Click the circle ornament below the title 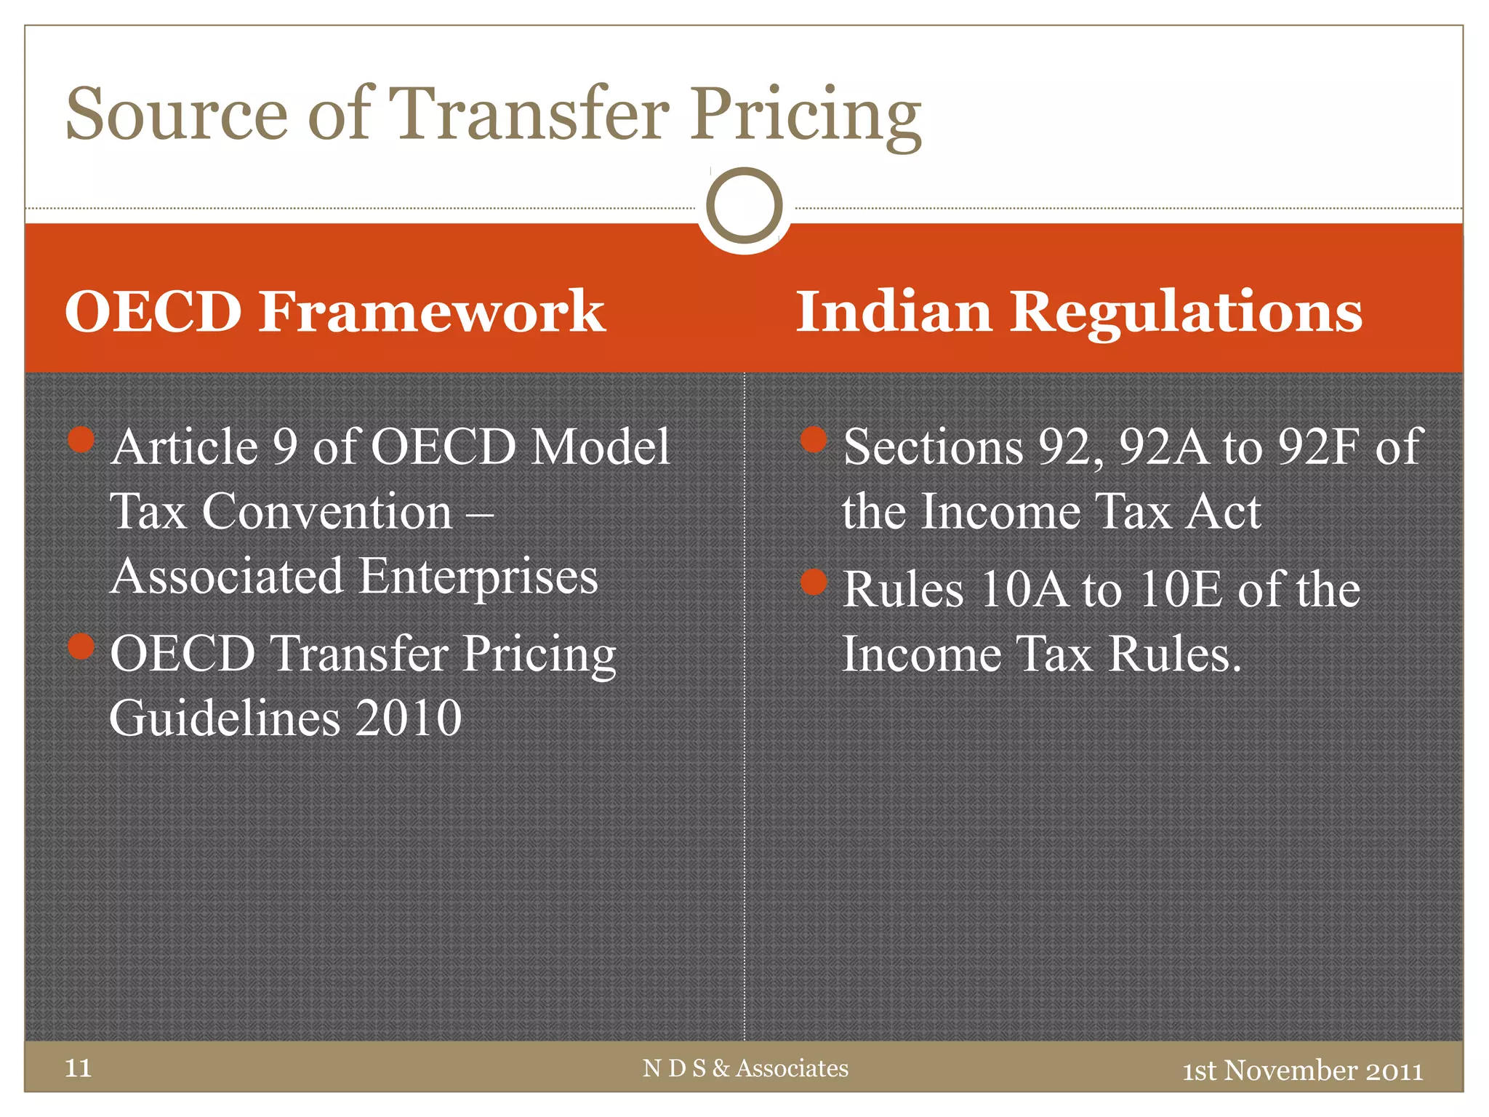click(744, 206)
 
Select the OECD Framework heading click(334, 311)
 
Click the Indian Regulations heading click(1079, 311)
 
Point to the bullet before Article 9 click(81, 439)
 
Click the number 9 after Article click(284, 446)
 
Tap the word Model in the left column click(601, 446)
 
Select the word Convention click(327, 511)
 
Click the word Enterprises click(478, 577)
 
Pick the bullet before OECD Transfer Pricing click(81, 646)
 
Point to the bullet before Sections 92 click(814, 439)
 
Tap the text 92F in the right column click(1319, 446)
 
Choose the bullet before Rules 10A click(814, 582)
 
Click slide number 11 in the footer click(78, 1068)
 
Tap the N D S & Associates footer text click(745, 1068)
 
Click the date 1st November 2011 click(1302, 1070)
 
